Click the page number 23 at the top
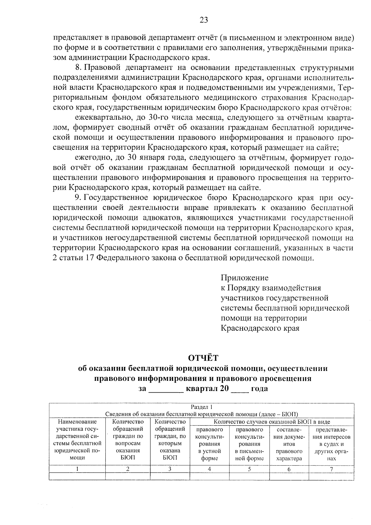(204, 20)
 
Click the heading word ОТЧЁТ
(203, 358)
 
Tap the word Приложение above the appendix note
(245, 278)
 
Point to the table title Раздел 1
(202, 407)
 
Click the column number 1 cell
(77, 469)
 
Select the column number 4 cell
(209, 469)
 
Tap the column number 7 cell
(331, 469)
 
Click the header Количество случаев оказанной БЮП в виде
(272, 422)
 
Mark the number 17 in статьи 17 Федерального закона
(89, 258)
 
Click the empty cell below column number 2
(128, 476)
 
